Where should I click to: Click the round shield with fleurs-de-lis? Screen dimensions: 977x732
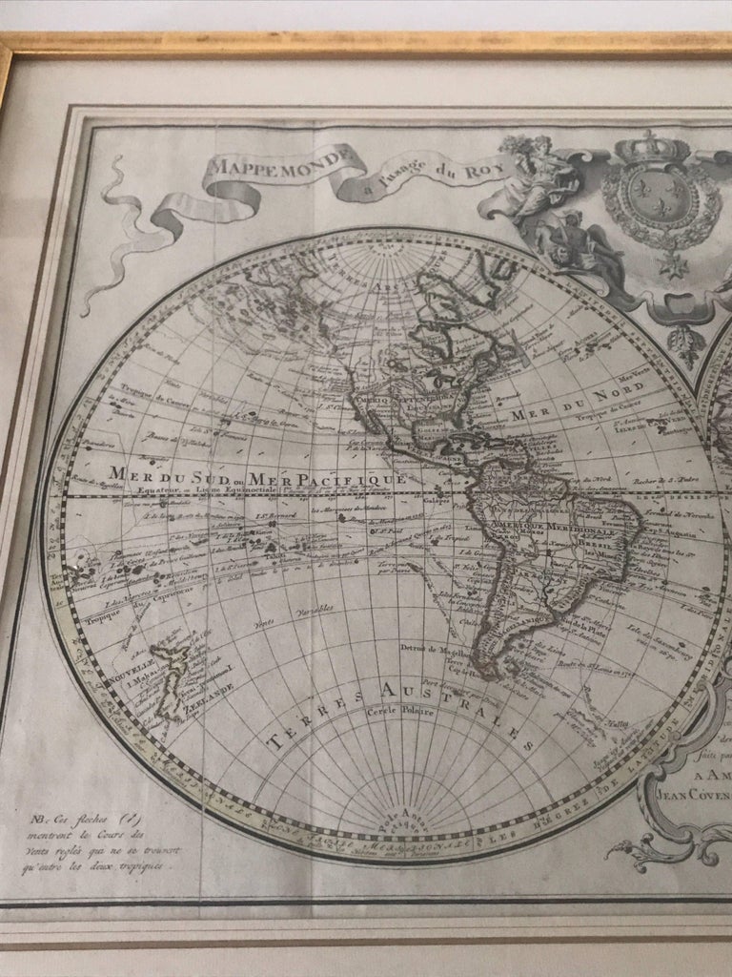tap(662, 203)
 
